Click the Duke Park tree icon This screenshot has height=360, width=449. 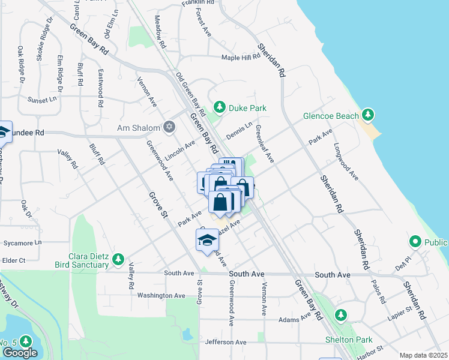pos(220,107)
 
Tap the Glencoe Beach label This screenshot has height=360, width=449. pos(330,115)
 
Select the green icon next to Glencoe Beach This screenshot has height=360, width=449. pos(368,115)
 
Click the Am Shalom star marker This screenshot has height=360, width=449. pos(170,127)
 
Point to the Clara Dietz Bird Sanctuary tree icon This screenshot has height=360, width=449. pos(118,259)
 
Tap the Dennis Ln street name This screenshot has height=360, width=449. pos(239,128)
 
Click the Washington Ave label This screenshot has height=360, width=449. pos(161,295)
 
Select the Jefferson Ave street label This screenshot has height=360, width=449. pos(226,342)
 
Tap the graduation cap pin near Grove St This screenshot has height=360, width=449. pos(208,240)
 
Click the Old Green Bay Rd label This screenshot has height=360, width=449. pos(190,94)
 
